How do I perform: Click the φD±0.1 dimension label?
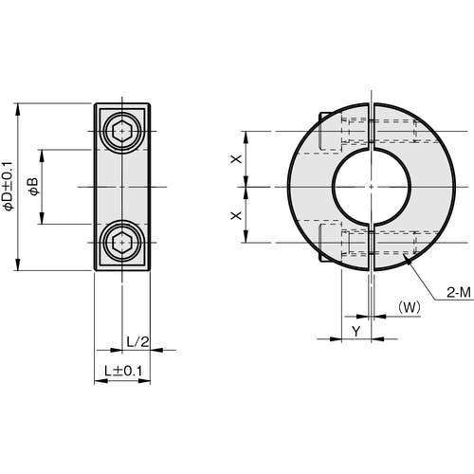[9, 186]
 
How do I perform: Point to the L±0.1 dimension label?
[122, 370]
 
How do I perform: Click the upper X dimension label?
[236, 158]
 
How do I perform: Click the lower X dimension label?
[236, 215]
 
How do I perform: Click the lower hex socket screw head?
[122, 243]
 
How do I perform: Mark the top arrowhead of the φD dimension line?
[19, 106]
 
